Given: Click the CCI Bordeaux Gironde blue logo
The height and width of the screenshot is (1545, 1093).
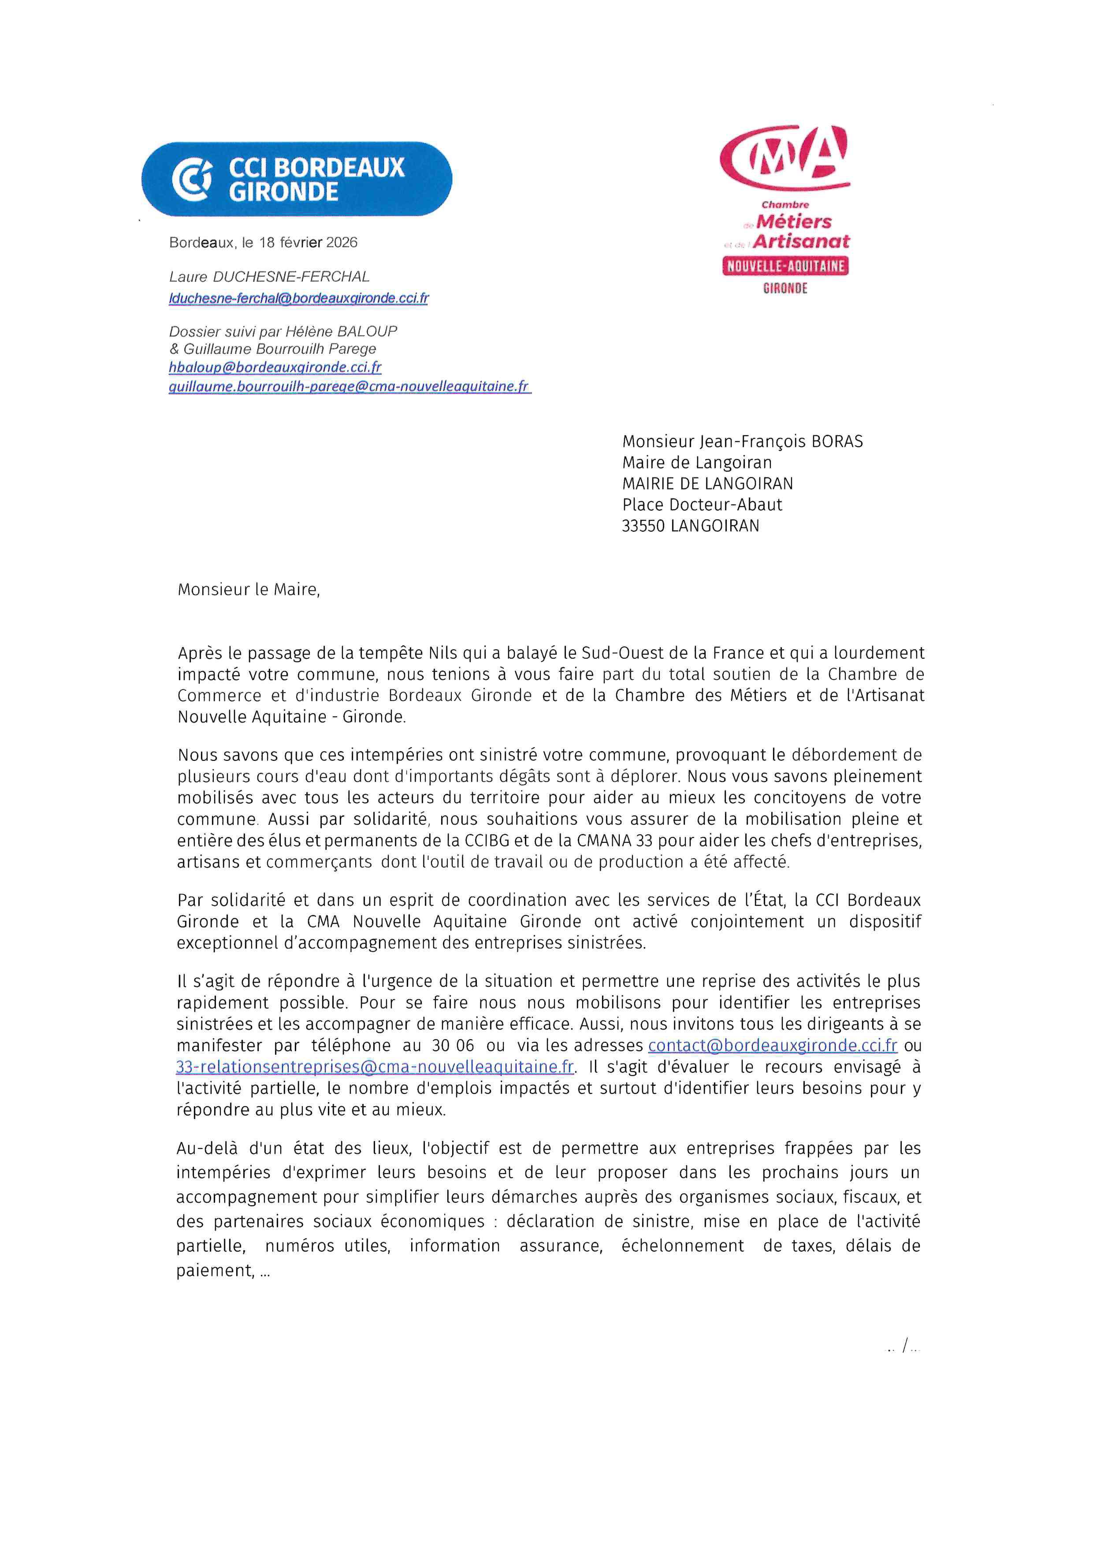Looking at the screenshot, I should click(296, 179).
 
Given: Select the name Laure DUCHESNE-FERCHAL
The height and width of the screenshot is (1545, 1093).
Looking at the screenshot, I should click(269, 277).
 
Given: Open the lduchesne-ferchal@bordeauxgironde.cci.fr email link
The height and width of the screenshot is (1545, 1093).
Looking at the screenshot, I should click(298, 298).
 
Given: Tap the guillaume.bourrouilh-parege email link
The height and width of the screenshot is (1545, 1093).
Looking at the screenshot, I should click(349, 386).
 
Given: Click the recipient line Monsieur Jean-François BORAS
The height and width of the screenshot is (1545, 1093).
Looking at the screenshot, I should click(742, 441).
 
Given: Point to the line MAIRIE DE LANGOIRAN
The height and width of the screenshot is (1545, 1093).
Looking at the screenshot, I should click(707, 484).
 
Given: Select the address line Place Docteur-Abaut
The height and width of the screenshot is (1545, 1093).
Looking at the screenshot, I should click(702, 505).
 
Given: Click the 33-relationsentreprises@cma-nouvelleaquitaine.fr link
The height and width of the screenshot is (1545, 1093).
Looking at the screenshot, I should click(375, 1067).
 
